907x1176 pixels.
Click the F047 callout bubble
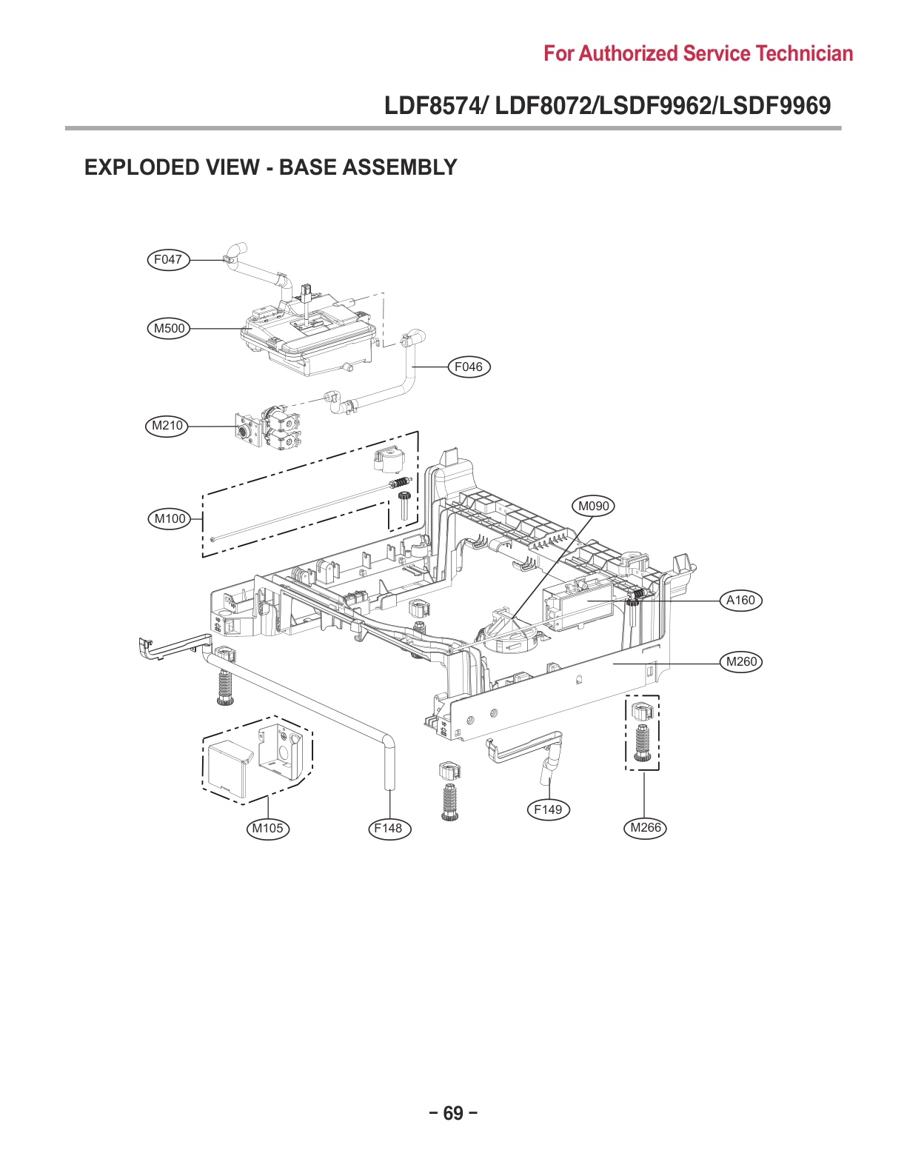click(167, 260)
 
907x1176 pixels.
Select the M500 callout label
click(169, 328)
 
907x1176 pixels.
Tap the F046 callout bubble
click(469, 367)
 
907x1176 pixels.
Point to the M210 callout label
click(167, 426)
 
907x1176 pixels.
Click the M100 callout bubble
click(170, 519)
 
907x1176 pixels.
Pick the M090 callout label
click(593, 506)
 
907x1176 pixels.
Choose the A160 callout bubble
click(740, 601)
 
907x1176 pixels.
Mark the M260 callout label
click(741, 662)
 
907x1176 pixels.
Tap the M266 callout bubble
click(645, 828)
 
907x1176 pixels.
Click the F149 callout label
click(548, 809)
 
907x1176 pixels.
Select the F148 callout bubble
click(388, 829)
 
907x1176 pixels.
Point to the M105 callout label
click(267, 829)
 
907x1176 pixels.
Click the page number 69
click(453, 1113)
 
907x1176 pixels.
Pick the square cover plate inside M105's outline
click(228, 769)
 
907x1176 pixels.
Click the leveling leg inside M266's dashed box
click(642, 741)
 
